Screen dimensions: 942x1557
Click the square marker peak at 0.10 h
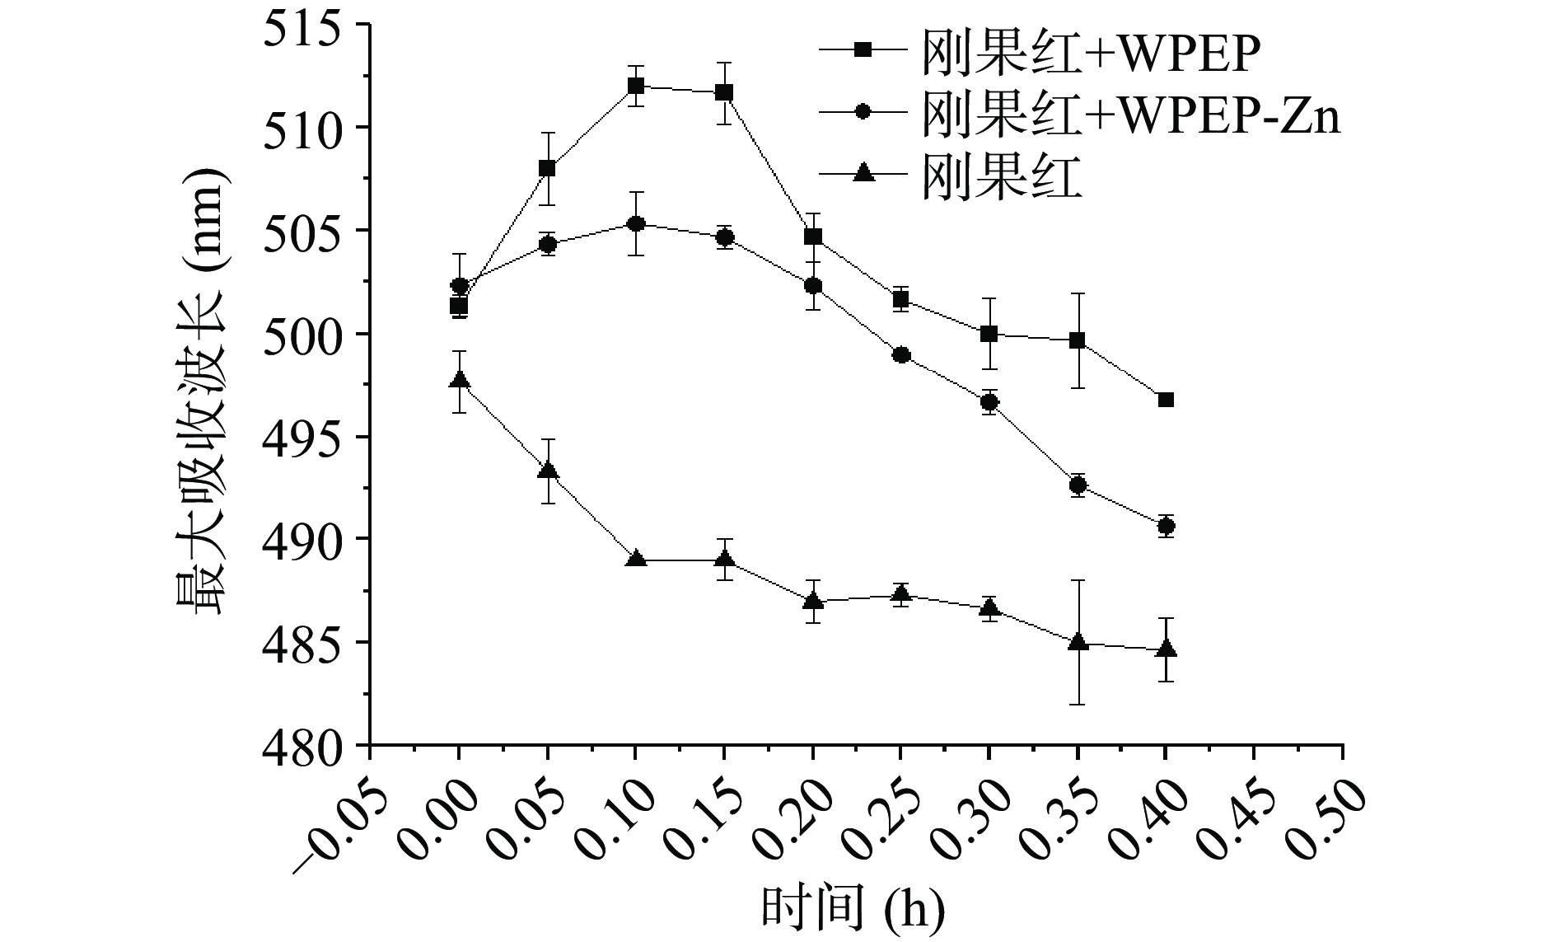click(635, 86)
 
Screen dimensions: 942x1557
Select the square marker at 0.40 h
click(1166, 400)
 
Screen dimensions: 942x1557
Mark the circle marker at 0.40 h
click(1166, 526)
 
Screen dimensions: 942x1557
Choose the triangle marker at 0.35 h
click(1077, 642)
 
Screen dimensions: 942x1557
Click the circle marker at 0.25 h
click(901, 355)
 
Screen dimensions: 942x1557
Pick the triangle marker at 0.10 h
click(635, 560)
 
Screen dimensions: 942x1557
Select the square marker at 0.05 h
click(547, 168)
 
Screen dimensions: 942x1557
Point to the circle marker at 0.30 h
click(989, 402)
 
